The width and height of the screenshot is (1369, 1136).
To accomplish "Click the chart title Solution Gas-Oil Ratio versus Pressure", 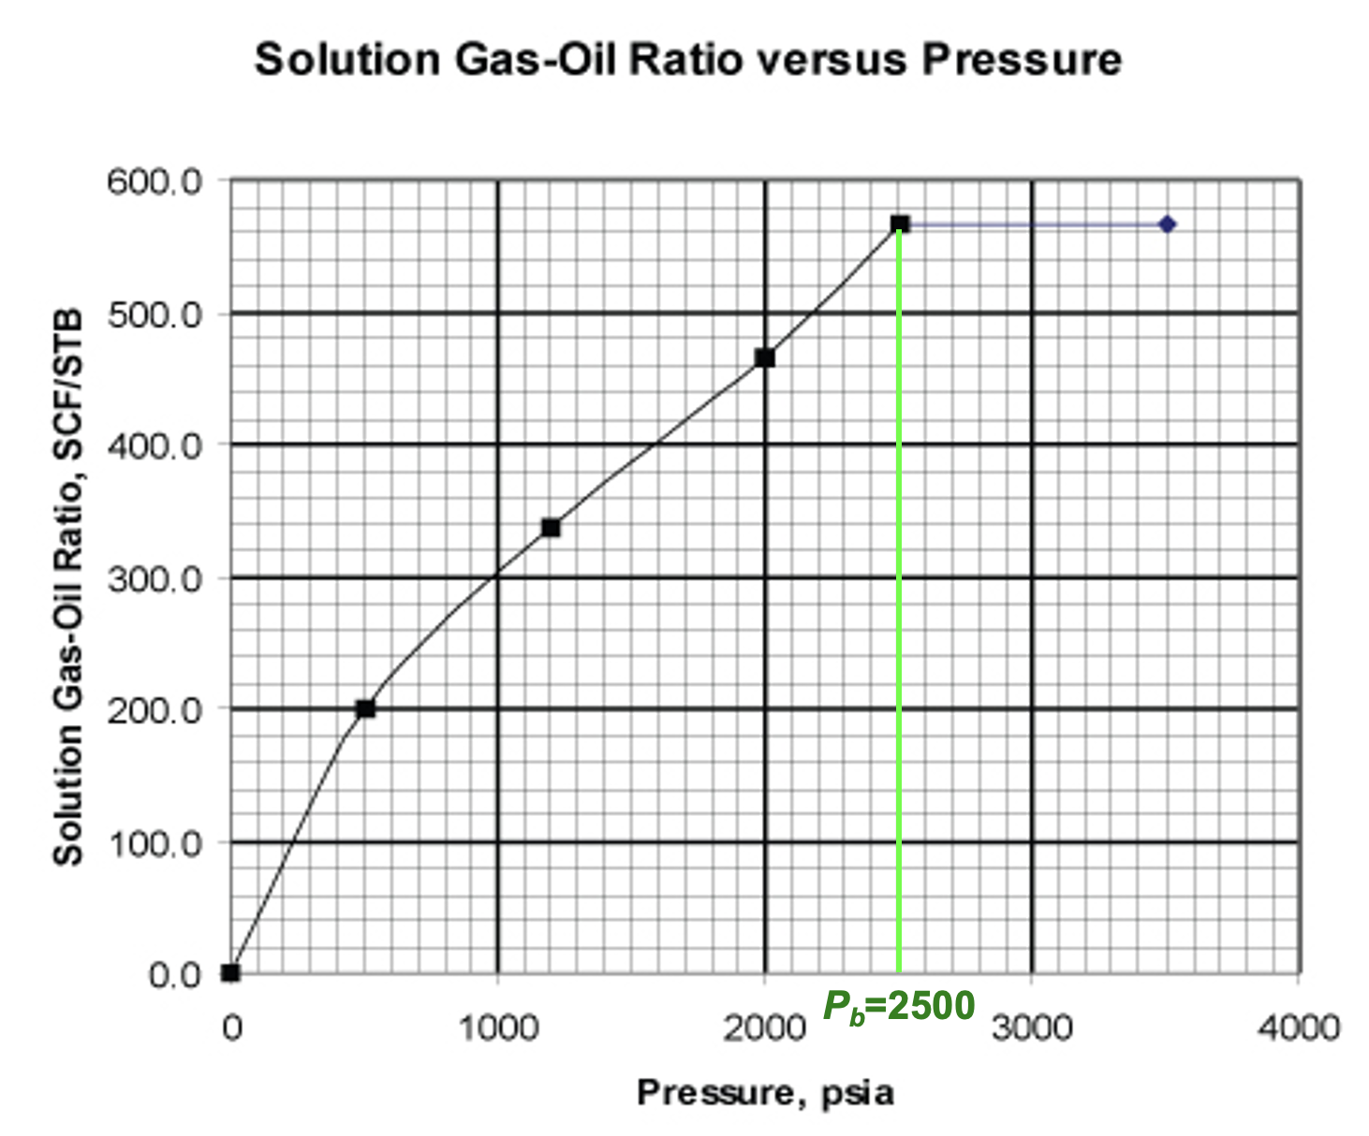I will click(688, 60).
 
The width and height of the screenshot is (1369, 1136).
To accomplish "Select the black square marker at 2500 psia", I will click(900, 225).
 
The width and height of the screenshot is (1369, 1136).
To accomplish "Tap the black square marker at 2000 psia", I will click(765, 357).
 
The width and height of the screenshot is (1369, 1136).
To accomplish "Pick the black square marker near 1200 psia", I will click(551, 528).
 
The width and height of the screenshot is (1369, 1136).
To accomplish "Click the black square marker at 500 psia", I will click(365, 708).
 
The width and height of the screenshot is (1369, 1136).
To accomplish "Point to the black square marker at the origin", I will click(231, 973).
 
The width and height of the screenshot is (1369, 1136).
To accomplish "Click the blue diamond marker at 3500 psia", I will click(1167, 225).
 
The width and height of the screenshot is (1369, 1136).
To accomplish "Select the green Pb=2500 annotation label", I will click(899, 1007).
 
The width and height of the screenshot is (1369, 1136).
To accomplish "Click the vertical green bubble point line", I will click(899, 608).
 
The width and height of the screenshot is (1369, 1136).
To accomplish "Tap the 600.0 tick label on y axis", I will click(155, 181).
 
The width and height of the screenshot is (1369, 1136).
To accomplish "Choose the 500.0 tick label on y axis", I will click(155, 314).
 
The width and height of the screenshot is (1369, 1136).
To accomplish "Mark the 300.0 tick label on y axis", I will click(155, 579).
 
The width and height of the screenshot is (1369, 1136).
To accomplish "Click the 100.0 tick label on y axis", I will click(155, 844).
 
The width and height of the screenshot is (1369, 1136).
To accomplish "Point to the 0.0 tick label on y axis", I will click(175, 975).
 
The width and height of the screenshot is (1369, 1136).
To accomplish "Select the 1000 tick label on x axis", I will click(497, 1027).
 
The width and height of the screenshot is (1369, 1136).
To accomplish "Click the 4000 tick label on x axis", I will click(1298, 1027).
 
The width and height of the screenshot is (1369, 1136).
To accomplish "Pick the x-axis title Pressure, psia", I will click(765, 1092).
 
